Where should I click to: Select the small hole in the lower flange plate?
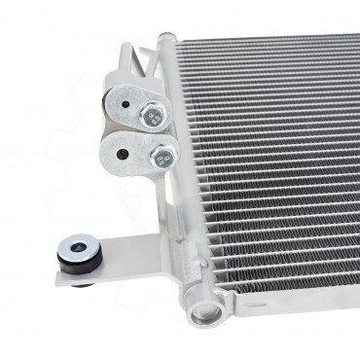(x=117, y=152)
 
